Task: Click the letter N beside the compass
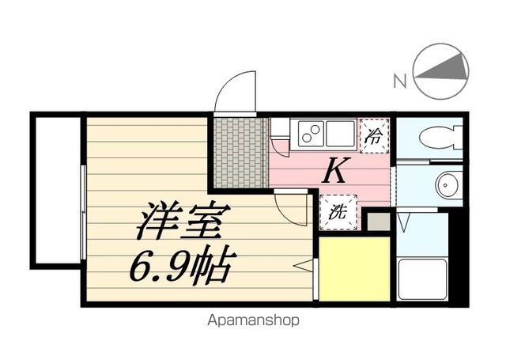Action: tap(400, 79)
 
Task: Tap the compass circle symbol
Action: tap(438, 72)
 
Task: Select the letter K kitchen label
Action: tap(335, 171)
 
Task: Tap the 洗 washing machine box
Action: tap(337, 212)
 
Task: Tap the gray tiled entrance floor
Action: tap(240, 152)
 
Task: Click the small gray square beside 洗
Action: tap(379, 222)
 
